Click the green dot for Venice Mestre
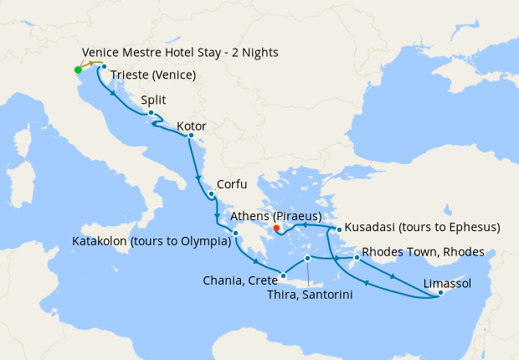pyautogui.click(x=78, y=69)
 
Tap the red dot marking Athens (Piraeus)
pyautogui.click(x=276, y=228)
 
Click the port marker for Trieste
pyautogui.click(x=104, y=67)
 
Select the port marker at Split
pyautogui.click(x=151, y=113)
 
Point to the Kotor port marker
pyautogui.click(x=191, y=136)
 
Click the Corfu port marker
pyautogui.click(x=212, y=195)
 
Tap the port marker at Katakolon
pyautogui.click(x=236, y=234)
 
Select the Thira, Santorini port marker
pyautogui.click(x=308, y=258)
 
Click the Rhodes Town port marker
pyautogui.click(x=357, y=258)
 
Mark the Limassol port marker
pyautogui.click(x=440, y=292)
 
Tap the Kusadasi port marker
pyautogui.click(x=338, y=229)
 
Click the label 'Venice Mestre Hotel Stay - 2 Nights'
pyautogui.click(x=180, y=53)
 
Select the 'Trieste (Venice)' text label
pyautogui.click(x=153, y=75)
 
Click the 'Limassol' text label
pyautogui.click(x=448, y=282)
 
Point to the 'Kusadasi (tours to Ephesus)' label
pyautogui.click(x=424, y=227)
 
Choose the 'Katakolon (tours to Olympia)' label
pyautogui.click(x=152, y=242)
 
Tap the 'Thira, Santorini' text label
pyautogui.click(x=310, y=294)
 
